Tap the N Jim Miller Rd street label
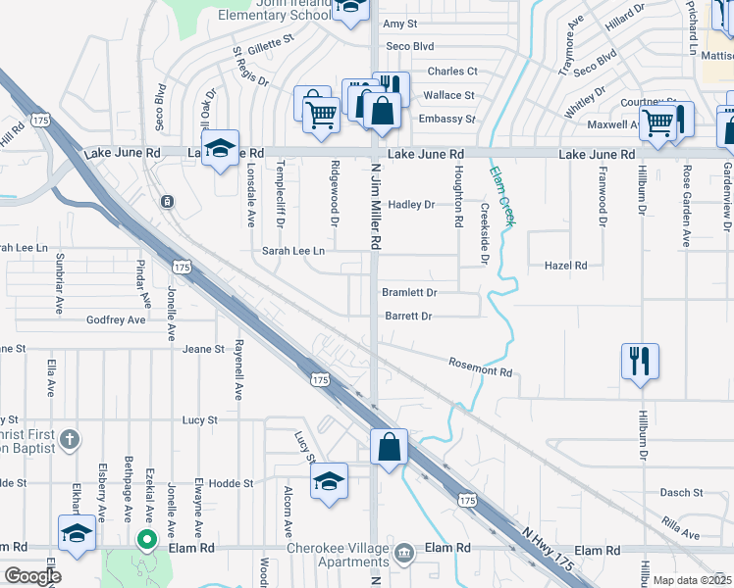pos(375,207)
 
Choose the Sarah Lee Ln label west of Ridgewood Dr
pos(292,251)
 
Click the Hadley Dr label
pos(411,205)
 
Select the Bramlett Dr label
pos(409,292)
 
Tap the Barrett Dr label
pos(408,317)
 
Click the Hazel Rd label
pos(566,266)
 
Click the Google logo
pos(31,576)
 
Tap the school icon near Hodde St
pos(330,480)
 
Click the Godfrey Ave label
pos(116,319)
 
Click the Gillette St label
pos(271,43)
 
